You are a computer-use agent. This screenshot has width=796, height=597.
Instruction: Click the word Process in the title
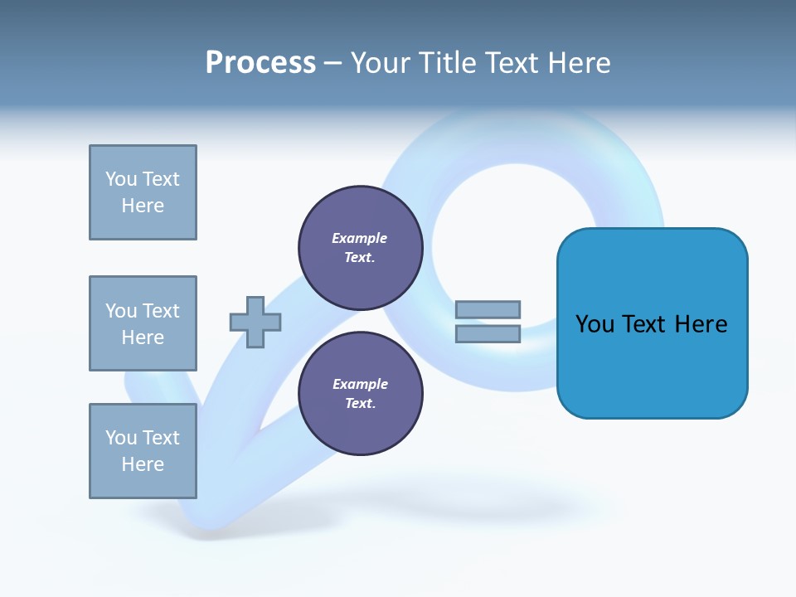click(260, 63)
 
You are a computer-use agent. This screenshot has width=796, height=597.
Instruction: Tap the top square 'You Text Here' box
click(143, 192)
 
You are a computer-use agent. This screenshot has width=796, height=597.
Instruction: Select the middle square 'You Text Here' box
click(143, 323)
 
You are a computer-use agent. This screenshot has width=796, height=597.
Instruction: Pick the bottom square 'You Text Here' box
click(143, 451)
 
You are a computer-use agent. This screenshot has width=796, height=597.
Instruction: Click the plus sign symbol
click(255, 322)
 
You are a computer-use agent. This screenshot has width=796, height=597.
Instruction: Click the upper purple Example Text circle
click(360, 248)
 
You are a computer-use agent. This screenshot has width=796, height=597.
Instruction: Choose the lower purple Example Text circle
click(360, 394)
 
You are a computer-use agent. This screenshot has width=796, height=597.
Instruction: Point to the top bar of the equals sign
click(488, 310)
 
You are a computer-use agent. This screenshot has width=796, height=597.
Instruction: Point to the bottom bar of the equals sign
click(488, 334)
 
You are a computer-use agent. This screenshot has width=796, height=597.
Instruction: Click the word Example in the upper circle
click(359, 239)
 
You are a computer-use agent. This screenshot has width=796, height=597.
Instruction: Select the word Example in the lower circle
click(360, 385)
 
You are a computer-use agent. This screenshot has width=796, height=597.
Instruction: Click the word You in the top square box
click(120, 179)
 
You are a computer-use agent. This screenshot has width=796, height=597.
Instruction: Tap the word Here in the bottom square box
click(143, 464)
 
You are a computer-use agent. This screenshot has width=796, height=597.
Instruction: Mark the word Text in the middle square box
click(160, 311)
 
